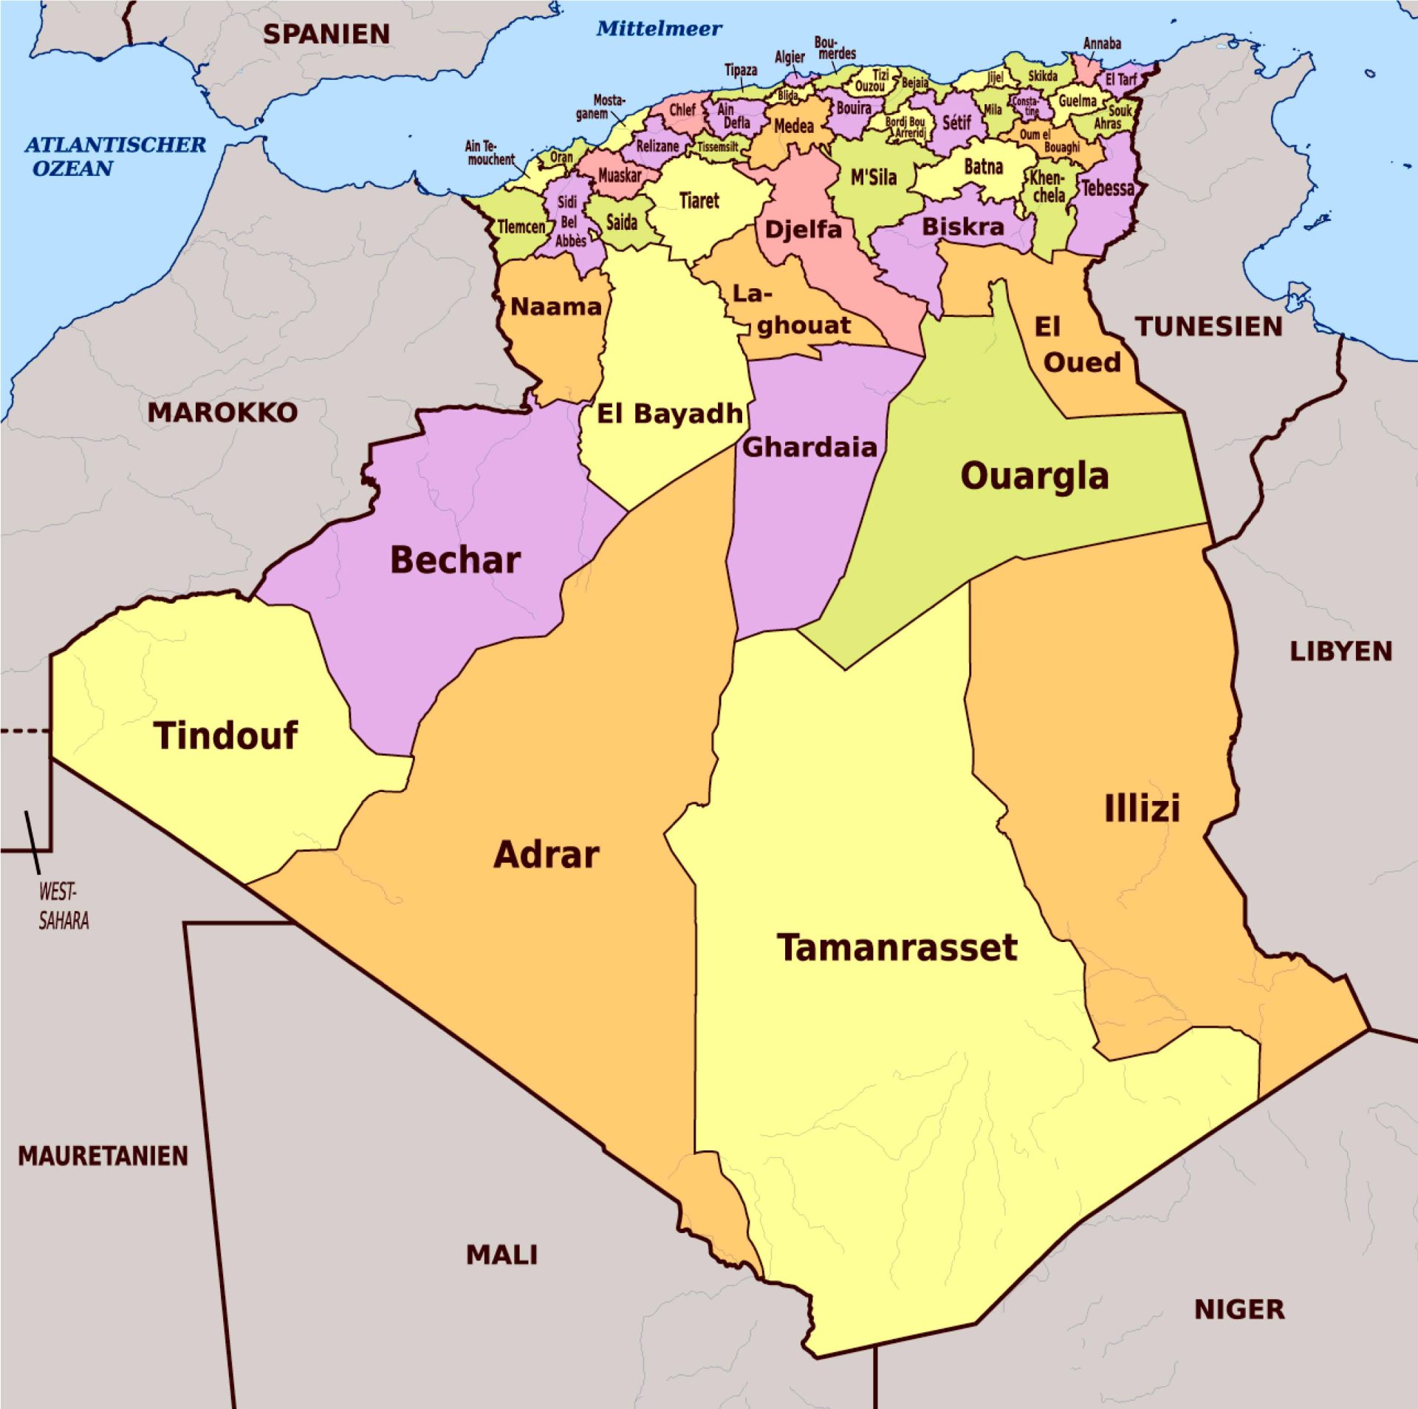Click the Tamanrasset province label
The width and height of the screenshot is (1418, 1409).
tap(897, 949)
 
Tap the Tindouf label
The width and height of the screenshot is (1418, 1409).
tap(225, 736)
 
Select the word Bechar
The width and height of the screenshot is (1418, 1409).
tap(455, 560)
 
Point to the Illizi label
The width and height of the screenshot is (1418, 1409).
tap(1142, 808)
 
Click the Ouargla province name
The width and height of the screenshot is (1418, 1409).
tap(1034, 477)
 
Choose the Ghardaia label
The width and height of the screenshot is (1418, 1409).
tap(809, 447)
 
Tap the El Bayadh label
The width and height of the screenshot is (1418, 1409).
tap(669, 414)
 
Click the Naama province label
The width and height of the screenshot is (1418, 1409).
tap(556, 307)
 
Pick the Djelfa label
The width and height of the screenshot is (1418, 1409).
tap(803, 229)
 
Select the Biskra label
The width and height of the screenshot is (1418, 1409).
tap(962, 227)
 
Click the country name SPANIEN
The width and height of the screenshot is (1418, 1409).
tap(326, 34)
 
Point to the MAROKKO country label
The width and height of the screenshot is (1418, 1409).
tap(222, 412)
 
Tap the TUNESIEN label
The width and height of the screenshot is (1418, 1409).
tap(1208, 327)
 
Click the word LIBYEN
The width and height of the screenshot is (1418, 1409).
tap(1340, 652)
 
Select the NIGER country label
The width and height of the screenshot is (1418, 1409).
tap(1239, 1310)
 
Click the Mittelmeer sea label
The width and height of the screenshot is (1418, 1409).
tap(659, 29)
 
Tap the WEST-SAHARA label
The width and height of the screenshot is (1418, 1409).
tap(63, 906)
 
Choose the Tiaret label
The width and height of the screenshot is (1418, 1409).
tap(699, 201)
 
